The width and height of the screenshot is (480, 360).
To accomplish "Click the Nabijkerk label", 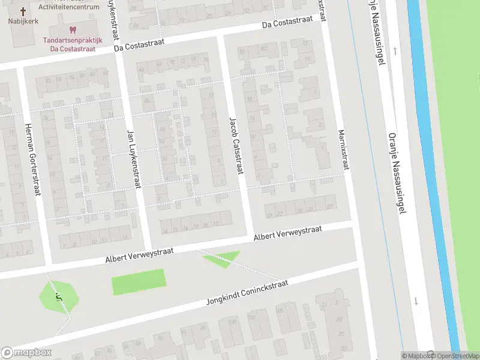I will coord(23,22).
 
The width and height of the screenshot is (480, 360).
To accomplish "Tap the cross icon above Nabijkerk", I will coord(23,11).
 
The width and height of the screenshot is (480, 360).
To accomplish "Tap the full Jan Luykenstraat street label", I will coord(133,158).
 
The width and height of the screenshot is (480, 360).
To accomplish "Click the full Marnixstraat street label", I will coord(343,149).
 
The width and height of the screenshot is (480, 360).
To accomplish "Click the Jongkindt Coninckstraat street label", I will coord(247,292).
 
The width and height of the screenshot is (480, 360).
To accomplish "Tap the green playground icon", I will coord(58,296).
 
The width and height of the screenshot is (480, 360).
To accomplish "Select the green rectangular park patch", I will coord(139,281).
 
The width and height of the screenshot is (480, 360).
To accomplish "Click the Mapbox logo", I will coord(26,353).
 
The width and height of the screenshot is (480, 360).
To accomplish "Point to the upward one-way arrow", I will coord(395,51).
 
